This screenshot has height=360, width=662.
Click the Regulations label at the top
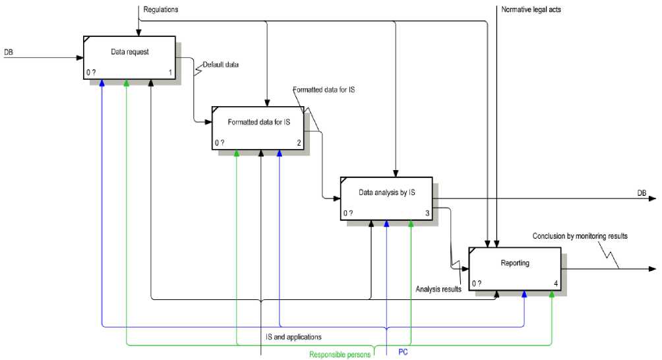tap(161, 9)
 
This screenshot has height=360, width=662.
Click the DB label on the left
tap(9, 51)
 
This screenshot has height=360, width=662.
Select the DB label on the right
tap(642, 193)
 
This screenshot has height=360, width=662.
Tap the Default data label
tap(221, 65)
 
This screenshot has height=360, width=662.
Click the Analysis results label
tap(438, 289)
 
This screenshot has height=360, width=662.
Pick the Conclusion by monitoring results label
tap(580, 235)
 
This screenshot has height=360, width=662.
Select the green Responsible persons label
tap(340, 355)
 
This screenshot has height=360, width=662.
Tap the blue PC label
tap(404, 352)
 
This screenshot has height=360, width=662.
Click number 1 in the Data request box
tap(170, 71)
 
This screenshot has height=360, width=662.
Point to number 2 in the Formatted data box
tap(299, 142)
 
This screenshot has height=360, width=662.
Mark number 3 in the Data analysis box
tap(427, 213)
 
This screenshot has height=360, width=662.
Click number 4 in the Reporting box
tap(556, 284)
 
